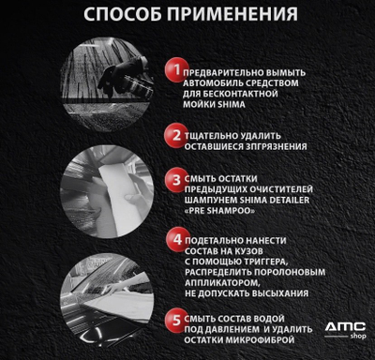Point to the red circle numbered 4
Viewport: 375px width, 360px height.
177,240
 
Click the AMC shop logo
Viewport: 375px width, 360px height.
345,331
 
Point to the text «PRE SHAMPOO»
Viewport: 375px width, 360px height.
219,211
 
